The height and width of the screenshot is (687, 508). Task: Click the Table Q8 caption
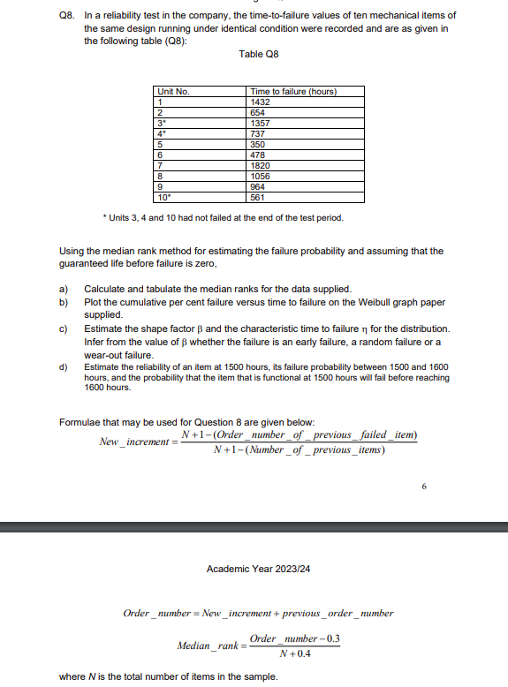(x=258, y=55)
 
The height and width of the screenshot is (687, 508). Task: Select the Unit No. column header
(x=173, y=92)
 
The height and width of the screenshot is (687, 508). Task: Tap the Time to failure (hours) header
(x=293, y=92)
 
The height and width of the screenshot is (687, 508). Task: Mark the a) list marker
(x=64, y=290)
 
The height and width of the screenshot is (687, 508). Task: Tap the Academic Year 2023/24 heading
(x=258, y=569)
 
